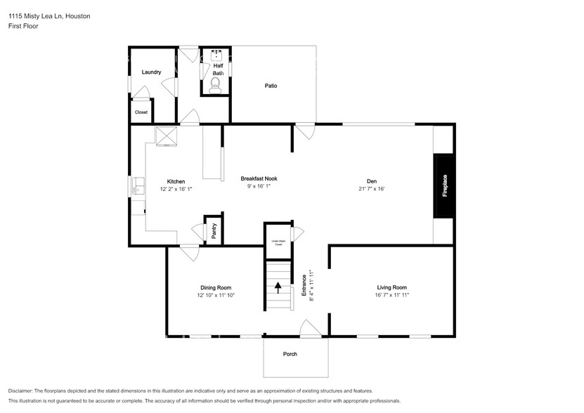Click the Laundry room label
151,72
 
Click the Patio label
271,86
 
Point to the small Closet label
141,112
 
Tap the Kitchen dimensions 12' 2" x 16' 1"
176,189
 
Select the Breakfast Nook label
259,179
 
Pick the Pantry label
214,231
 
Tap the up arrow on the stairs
278,288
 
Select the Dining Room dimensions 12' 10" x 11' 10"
216,296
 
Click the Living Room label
391,287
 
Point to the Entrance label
304,286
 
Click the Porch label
290,354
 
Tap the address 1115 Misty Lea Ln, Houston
48,15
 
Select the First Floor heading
23,26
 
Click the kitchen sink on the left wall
136,186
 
